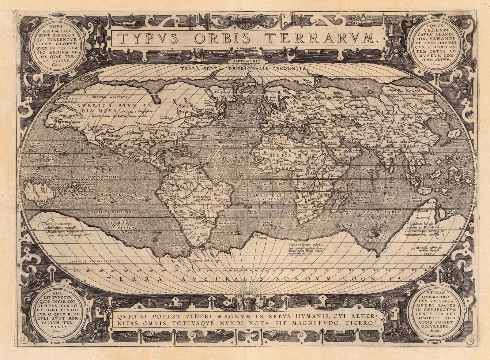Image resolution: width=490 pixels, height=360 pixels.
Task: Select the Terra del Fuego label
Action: pos(205,261)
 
